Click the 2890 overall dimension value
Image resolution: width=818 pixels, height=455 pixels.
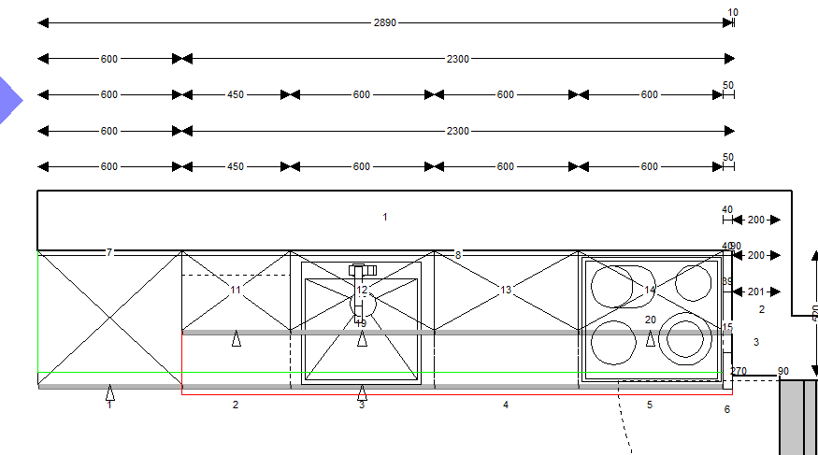(x=385, y=22)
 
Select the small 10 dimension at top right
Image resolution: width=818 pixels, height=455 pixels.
(x=733, y=12)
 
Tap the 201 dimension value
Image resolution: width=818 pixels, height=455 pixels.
(x=756, y=291)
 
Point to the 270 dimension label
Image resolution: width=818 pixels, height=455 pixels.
(x=739, y=371)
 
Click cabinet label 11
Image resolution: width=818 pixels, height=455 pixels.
(x=236, y=291)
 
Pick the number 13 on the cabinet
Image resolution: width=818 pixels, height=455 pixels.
(x=506, y=291)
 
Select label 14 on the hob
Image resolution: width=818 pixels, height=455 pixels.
(x=650, y=290)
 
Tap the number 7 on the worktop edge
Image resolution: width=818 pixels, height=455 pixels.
(x=109, y=252)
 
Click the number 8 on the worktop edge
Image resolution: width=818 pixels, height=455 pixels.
(x=458, y=254)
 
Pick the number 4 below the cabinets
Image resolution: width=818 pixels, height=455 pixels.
(x=506, y=405)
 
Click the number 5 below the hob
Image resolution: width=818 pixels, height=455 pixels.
(x=650, y=405)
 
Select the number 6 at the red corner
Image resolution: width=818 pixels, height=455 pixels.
(x=727, y=409)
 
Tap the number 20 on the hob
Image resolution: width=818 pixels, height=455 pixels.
(x=651, y=320)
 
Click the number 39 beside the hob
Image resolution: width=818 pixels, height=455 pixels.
(x=727, y=281)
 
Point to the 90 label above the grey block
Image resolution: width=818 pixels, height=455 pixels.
(x=783, y=371)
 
